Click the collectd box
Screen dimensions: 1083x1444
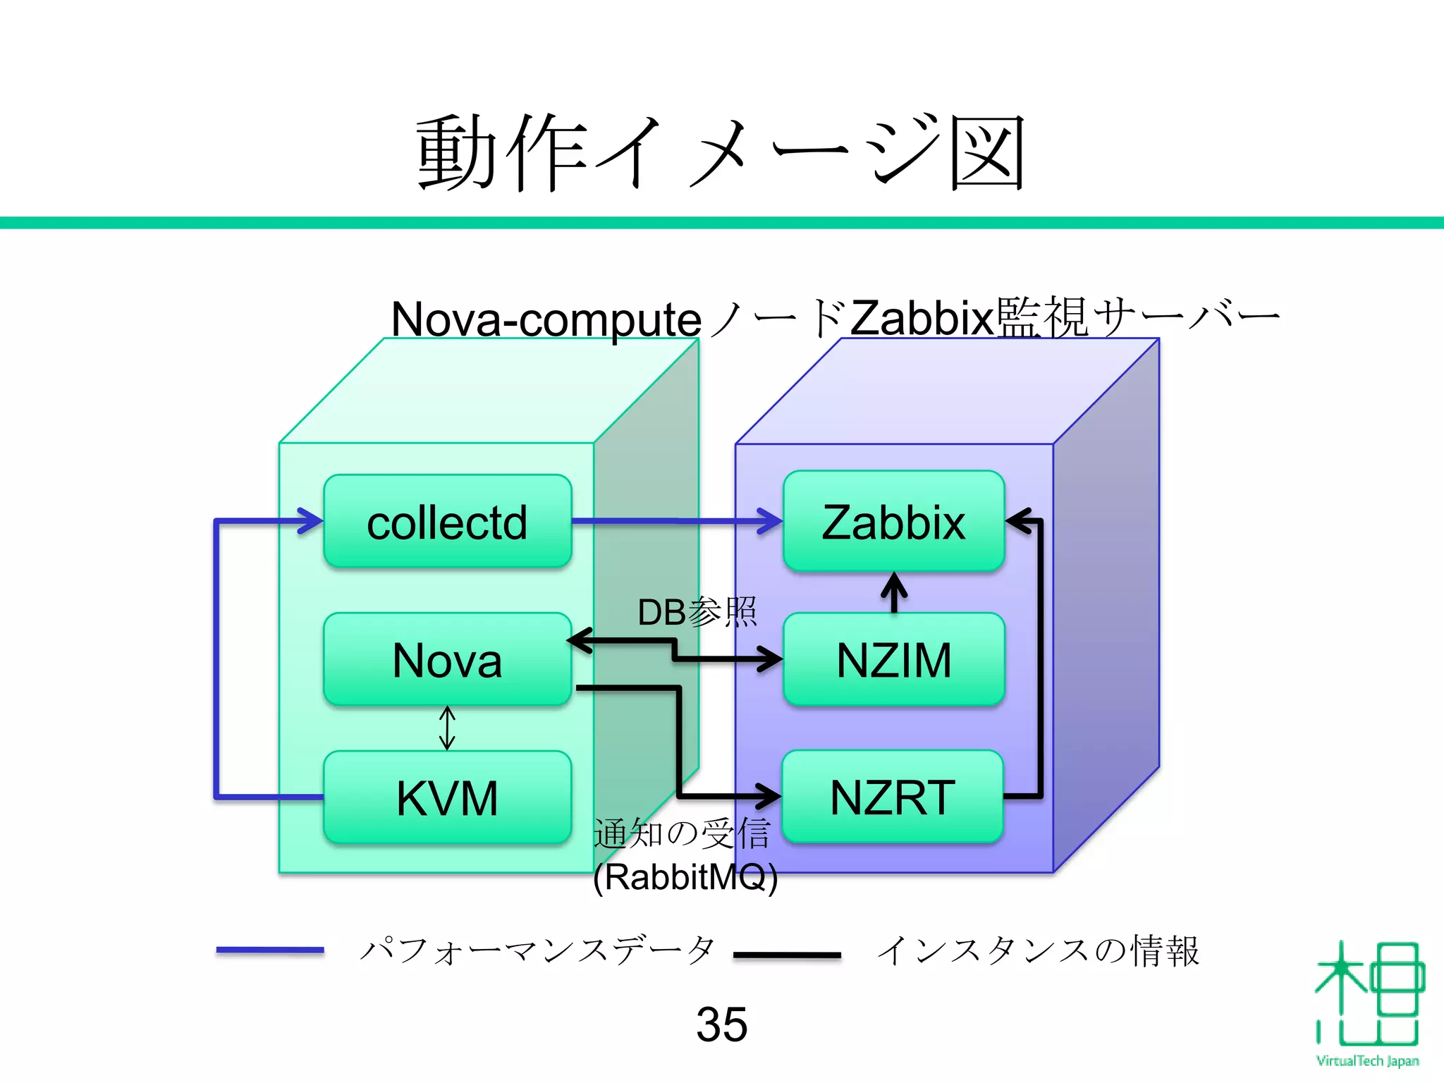point(447,522)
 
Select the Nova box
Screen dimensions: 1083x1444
point(447,660)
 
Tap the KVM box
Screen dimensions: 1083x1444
point(447,798)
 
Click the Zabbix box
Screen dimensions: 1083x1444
point(893,522)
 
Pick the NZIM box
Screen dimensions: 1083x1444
point(893,660)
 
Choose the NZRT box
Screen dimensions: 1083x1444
point(893,797)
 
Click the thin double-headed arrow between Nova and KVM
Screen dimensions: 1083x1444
point(447,728)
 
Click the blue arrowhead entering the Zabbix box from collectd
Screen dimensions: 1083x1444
point(770,522)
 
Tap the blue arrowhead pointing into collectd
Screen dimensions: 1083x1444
point(310,521)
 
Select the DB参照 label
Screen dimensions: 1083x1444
point(697,612)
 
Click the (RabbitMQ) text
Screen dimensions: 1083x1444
point(685,877)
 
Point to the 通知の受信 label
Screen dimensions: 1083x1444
point(681,834)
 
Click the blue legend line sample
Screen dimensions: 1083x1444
point(270,950)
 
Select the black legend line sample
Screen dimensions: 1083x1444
point(787,955)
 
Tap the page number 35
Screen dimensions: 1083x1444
point(721,1024)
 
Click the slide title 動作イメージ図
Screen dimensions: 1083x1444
point(721,152)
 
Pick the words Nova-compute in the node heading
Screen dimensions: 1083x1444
point(546,319)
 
